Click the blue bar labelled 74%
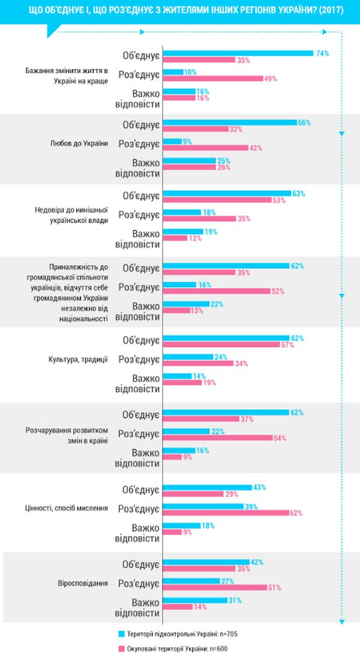[x=238, y=53]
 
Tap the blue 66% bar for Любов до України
[x=229, y=122]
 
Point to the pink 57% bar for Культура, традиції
[x=222, y=344]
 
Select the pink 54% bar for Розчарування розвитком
[x=217, y=437]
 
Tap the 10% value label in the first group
[x=190, y=72]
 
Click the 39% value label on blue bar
[x=251, y=506]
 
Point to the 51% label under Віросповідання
[x=275, y=588]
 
